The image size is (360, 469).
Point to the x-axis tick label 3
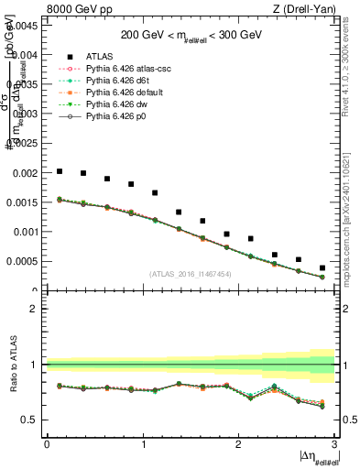334,445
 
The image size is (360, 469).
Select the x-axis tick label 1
142,445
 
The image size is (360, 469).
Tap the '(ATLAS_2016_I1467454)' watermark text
191,274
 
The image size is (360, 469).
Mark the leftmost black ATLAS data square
60,171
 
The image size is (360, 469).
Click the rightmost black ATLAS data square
322,267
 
